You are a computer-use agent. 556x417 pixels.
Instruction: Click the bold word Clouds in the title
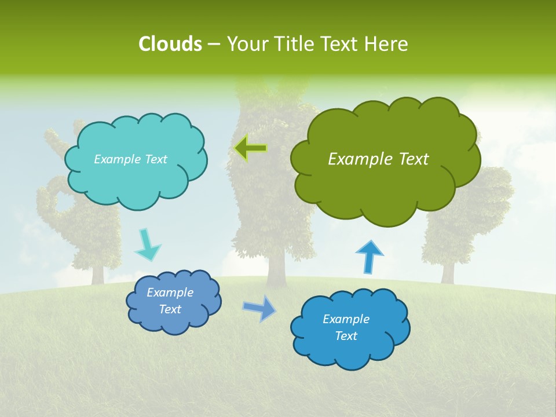(170, 44)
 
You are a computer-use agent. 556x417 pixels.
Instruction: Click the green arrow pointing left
(250, 148)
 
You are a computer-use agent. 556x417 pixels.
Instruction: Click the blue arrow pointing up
(369, 257)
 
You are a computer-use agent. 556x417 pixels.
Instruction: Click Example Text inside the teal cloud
(130, 159)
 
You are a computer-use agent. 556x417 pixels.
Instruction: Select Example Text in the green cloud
(378, 159)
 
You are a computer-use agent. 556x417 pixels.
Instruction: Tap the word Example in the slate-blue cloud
(170, 292)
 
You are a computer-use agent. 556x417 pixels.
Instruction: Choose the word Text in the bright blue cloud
(346, 336)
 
